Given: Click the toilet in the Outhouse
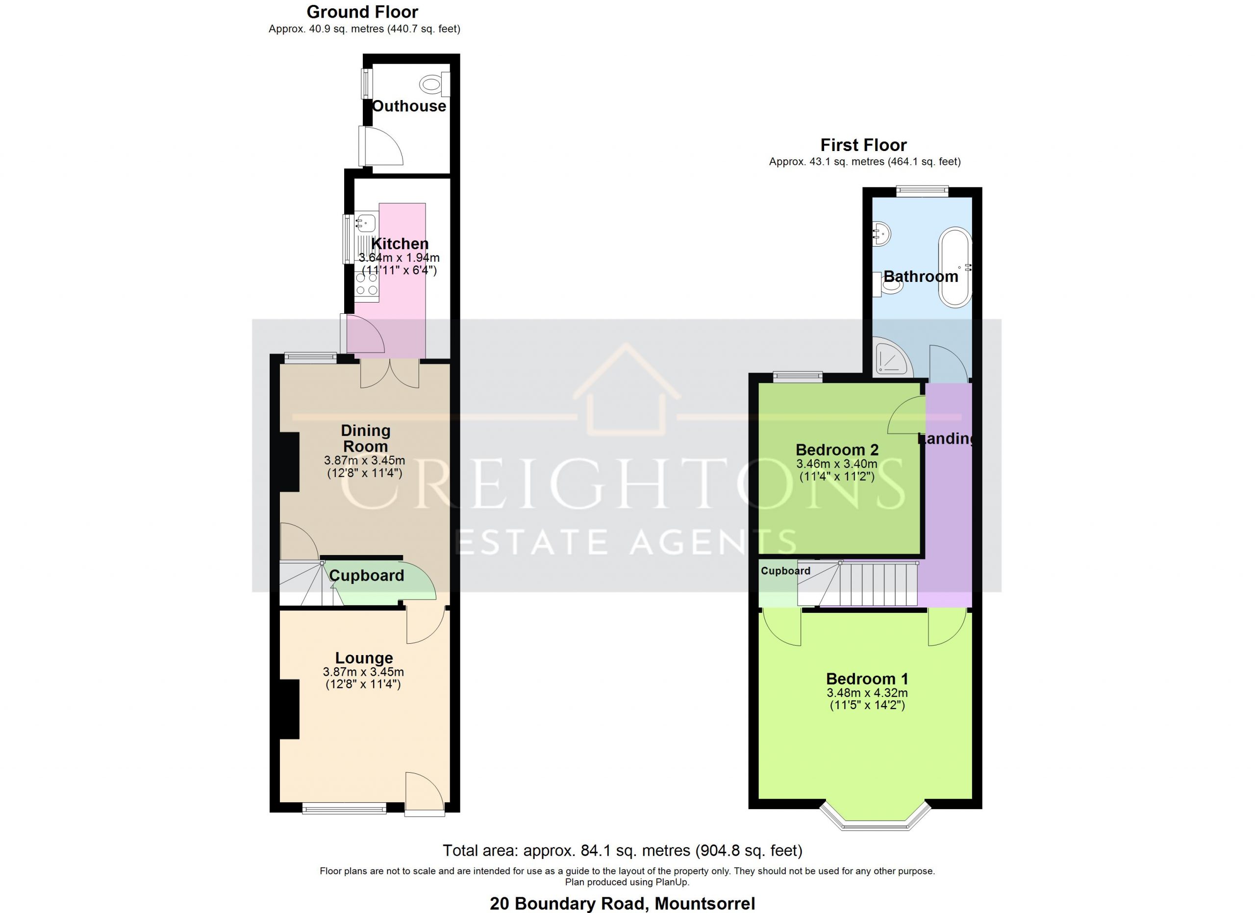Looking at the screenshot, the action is click(435, 85).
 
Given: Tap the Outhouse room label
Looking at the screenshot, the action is click(409, 106).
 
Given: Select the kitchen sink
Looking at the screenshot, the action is click(366, 223).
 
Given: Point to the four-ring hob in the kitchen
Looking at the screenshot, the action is click(367, 285).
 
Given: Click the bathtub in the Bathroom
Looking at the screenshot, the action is click(955, 267).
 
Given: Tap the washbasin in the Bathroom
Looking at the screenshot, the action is click(881, 233).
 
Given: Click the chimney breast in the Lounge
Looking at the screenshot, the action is click(289, 709).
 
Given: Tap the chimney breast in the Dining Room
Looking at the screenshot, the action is click(289, 462).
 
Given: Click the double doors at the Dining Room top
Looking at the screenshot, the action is click(390, 373).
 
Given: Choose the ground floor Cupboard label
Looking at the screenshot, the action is click(366, 576).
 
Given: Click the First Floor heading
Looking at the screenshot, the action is click(863, 145).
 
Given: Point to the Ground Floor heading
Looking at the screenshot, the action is click(362, 12).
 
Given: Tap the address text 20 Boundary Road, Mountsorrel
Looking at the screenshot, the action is click(623, 904).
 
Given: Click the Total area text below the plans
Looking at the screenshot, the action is click(623, 850).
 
